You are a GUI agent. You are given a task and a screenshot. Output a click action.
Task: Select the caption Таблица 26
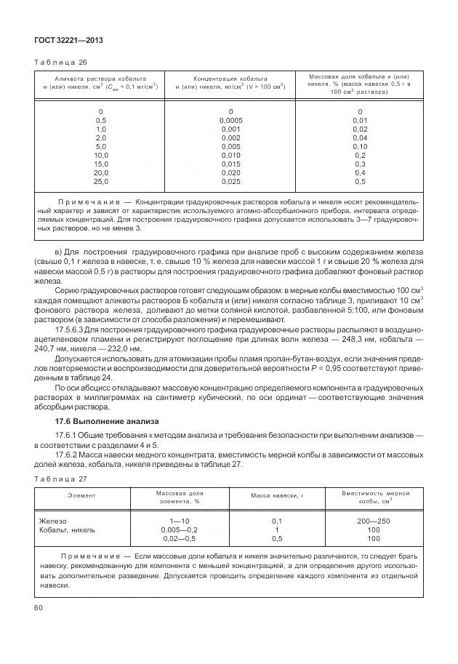[60, 63]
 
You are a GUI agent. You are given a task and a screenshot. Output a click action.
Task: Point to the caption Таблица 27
[60, 479]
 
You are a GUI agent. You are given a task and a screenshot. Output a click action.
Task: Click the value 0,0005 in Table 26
[230, 120]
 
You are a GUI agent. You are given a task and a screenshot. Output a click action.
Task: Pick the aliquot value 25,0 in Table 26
[101, 181]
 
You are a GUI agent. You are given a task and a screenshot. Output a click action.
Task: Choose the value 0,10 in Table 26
[360, 146]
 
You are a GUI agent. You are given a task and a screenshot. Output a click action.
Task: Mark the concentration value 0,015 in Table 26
[230, 164]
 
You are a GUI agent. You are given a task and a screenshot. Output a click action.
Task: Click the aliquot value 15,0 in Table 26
[101, 164]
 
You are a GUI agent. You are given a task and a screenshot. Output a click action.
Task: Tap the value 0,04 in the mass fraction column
[360, 137]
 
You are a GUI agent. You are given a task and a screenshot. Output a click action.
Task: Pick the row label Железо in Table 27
[52, 521]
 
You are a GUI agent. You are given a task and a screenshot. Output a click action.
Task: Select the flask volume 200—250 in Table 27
[374, 521]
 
